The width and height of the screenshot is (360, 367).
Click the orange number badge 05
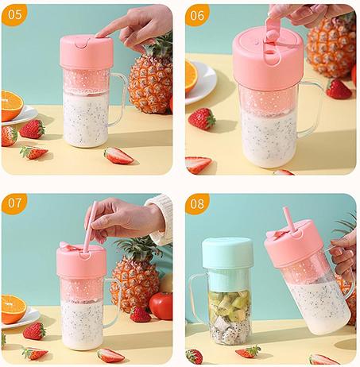tap(14, 14)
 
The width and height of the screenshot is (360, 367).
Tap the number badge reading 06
tap(198, 14)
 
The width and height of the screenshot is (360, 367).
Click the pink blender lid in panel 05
tap(86, 51)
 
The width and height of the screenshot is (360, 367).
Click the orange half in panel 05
tap(11, 105)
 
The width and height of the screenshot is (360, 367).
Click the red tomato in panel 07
tap(161, 305)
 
